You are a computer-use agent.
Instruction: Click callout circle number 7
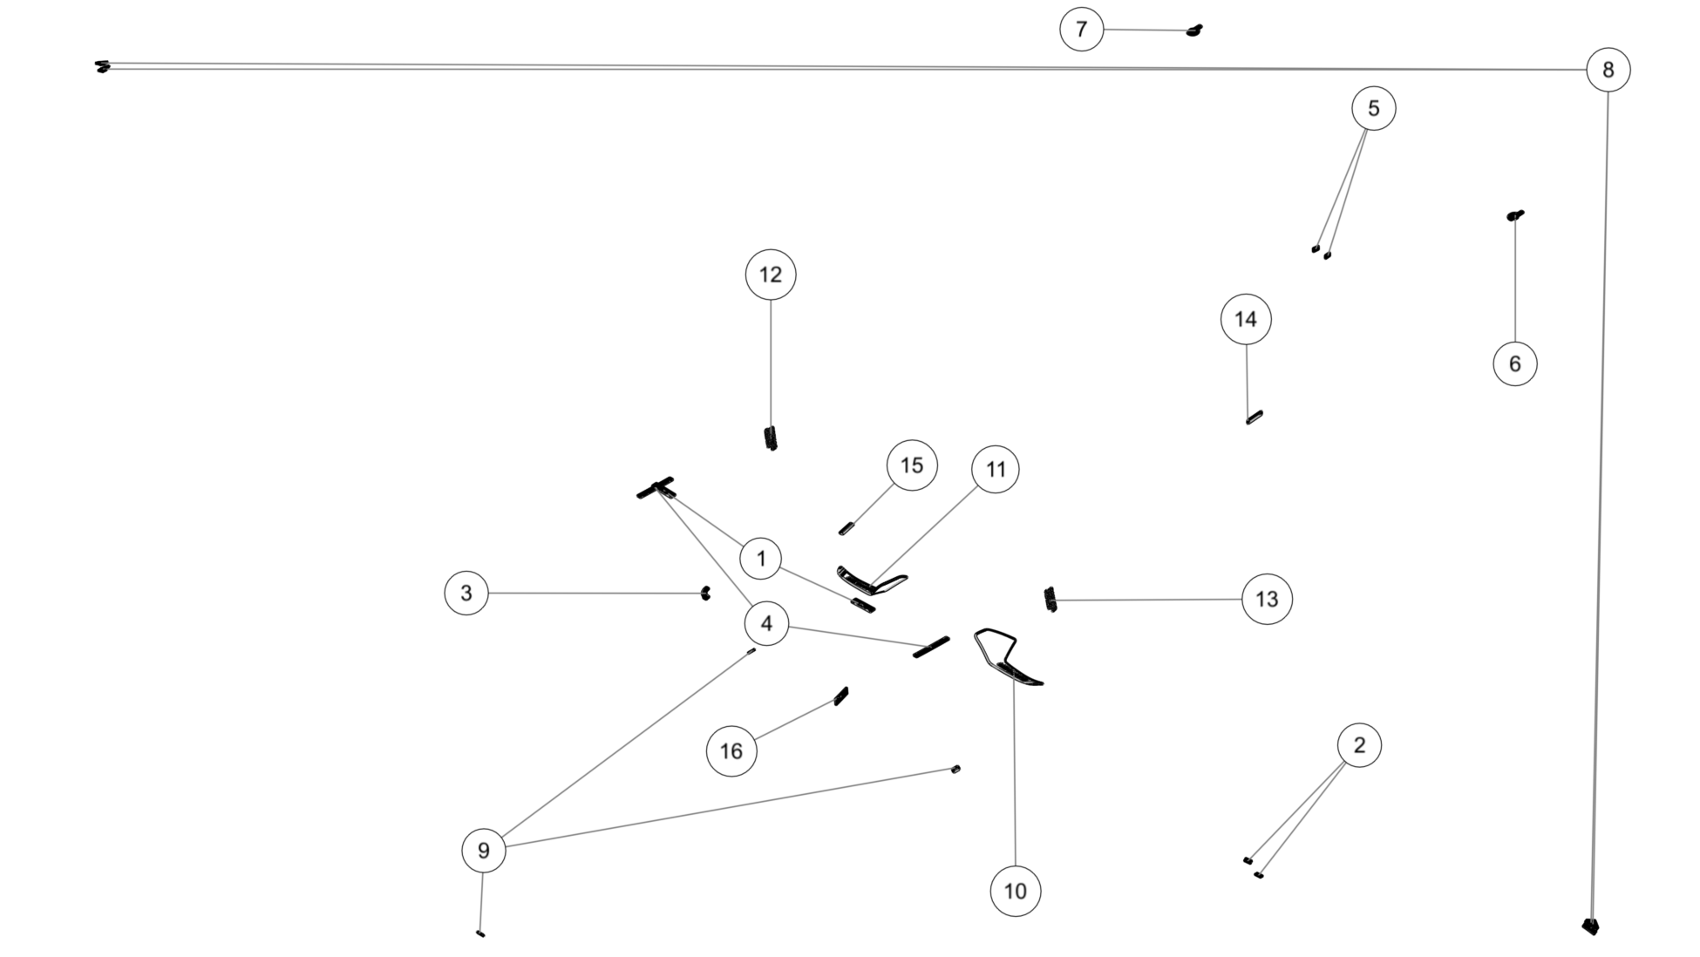pyautogui.click(x=1081, y=30)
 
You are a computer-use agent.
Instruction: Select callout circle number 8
pyautogui.click(x=1608, y=70)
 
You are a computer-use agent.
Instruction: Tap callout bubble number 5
pyautogui.click(x=1373, y=108)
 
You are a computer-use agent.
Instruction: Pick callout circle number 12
pyautogui.click(x=771, y=275)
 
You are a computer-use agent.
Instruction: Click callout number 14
pyautogui.click(x=1246, y=319)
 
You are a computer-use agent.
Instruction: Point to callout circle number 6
pyautogui.click(x=1515, y=363)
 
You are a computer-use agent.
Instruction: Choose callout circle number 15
pyautogui.click(x=912, y=465)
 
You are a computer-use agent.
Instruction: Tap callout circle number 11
pyautogui.click(x=996, y=470)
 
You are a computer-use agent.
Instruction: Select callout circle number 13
pyautogui.click(x=1267, y=599)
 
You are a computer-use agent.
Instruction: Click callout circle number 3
pyautogui.click(x=466, y=593)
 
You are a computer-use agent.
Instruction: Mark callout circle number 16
pyautogui.click(x=731, y=750)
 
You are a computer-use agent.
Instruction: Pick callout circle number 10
pyautogui.click(x=1016, y=891)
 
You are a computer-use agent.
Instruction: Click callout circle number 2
pyautogui.click(x=1359, y=745)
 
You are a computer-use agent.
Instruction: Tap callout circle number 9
pyautogui.click(x=484, y=850)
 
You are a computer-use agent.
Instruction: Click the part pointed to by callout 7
pyautogui.click(x=1195, y=31)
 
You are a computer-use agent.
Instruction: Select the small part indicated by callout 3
pyautogui.click(x=705, y=594)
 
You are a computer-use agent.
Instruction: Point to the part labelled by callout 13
pyautogui.click(x=1051, y=600)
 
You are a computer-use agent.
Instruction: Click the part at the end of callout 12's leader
pyautogui.click(x=771, y=438)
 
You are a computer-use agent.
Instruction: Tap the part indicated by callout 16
pyautogui.click(x=841, y=696)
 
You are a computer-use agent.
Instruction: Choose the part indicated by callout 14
pyautogui.click(x=1255, y=417)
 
